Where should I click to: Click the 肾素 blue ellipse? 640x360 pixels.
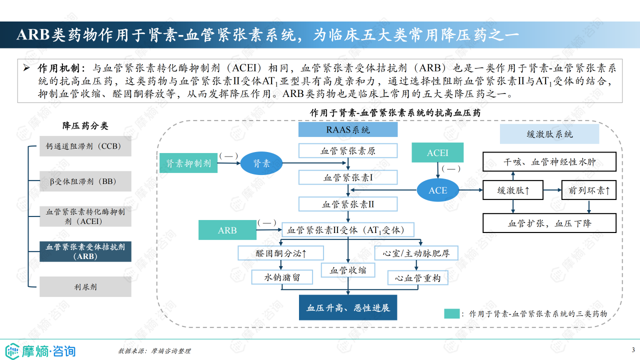click(261, 163)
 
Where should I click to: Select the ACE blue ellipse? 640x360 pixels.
click(438, 190)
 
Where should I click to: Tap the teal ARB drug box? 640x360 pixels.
click(227, 230)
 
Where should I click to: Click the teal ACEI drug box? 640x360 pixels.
click(437, 152)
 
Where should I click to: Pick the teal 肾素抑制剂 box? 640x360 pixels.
click(188, 163)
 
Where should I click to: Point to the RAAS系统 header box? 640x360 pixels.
click(348, 130)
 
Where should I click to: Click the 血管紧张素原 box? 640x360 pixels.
click(348, 150)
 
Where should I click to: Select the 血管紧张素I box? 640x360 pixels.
click(348, 177)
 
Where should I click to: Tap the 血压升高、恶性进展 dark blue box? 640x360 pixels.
click(348, 307)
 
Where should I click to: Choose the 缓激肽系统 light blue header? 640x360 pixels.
click(549, 134)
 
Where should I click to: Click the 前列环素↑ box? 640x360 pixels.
click(589, 190)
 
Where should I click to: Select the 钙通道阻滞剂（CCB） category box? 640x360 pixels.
click(85, 146)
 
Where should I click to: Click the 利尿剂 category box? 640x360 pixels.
click(85, 287)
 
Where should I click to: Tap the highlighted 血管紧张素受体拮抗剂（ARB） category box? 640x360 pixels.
click(85, 251)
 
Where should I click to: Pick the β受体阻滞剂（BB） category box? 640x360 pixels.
click(85, 181)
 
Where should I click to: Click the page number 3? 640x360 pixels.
click(633, 349)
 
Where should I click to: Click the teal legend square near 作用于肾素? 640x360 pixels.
click(451, 314)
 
